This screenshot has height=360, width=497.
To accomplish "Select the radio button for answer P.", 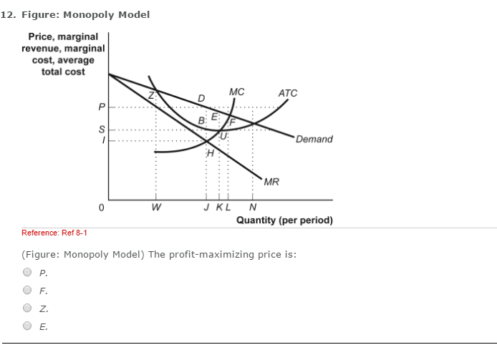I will [x=27, y=273].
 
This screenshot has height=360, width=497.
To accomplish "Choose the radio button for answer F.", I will [x=27, y=291].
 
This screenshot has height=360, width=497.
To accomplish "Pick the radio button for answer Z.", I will [x=27, y=309].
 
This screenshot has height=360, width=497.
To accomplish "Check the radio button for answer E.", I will [x=27, y=327].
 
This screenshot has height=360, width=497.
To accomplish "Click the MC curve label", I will [x=236, y=92].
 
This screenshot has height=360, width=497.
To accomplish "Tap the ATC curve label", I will [x=288, y=93].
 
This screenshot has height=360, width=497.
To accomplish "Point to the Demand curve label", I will [x=314, y=139].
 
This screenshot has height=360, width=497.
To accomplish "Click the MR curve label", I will [x=271, y=182].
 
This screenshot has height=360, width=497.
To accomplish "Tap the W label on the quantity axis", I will [x=155, y=208].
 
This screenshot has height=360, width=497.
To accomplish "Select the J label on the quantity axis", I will [x=206, y=208].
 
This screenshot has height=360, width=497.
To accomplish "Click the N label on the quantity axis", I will [x=252, y=208].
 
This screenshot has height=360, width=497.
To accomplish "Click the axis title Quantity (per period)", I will [x=284, y=220].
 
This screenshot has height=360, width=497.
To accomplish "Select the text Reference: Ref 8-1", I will [x=54, y=233].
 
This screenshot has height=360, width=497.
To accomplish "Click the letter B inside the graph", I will [x=202, y=120].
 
